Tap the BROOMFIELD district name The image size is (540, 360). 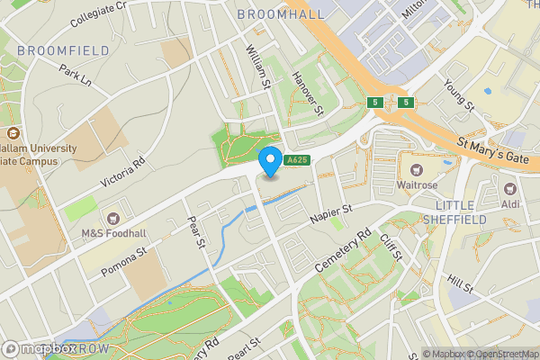[50, 50]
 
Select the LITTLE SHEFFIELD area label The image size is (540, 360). [454, 211]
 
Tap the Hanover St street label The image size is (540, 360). [308, 94]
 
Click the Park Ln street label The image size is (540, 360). [76, 74]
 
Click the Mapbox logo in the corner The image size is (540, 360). [40, 349]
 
